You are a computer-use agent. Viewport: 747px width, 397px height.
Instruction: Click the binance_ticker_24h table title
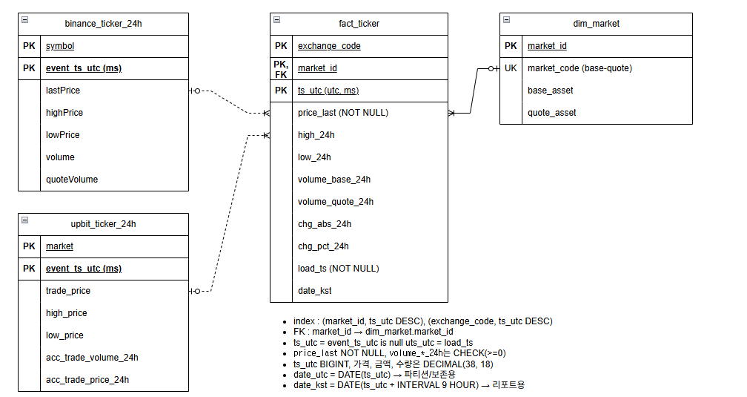pos(103,24)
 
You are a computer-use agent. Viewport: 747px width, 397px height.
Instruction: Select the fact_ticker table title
pos(359,24)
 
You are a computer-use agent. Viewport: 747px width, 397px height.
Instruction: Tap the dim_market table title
pos(596,24)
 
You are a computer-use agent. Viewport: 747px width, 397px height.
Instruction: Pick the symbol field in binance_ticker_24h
pos(60,46)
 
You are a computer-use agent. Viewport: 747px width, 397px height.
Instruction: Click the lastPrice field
pos(63,91)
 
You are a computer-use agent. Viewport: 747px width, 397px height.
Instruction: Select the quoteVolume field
pos(72,180)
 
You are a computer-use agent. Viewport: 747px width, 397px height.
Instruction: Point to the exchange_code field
pos(329,46)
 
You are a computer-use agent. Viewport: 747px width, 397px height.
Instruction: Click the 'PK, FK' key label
pos(281,68)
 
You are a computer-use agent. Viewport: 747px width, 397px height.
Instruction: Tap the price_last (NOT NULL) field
pos(343,113)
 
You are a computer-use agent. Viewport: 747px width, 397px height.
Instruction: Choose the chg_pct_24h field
pos(323,246)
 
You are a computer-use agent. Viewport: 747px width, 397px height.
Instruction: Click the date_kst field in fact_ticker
pos(315,291)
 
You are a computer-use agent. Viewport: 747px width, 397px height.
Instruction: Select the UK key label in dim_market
pos(511,68)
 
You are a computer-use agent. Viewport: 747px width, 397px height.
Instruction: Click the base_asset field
pos(550,91)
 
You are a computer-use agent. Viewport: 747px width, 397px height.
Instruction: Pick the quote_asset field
pos(551,113)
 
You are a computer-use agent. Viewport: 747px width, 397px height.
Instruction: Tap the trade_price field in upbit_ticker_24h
pos(68,291)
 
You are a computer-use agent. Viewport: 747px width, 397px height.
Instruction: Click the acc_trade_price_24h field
pos(87,380)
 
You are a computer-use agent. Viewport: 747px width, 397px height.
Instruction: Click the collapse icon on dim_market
pos(506,20)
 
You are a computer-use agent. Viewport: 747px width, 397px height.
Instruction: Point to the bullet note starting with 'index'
pos(422,321)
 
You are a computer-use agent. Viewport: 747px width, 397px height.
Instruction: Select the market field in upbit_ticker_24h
pos(59,246)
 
